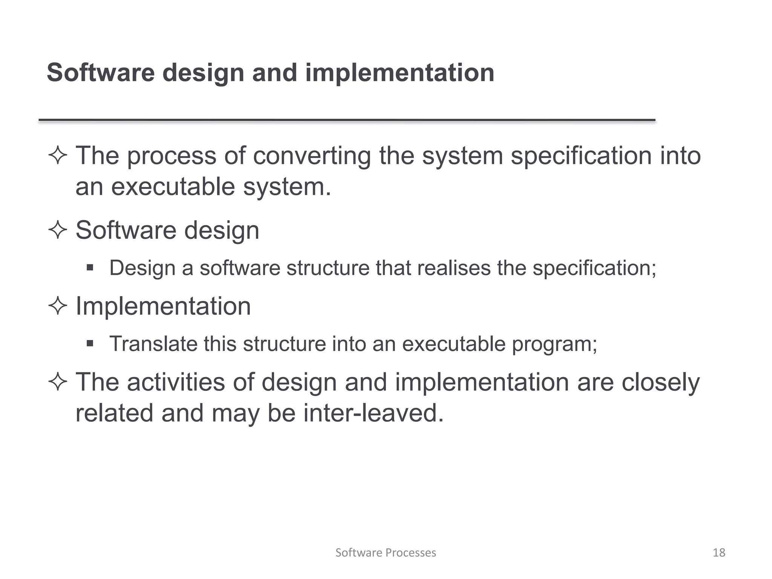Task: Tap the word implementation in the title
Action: tap(400, 73)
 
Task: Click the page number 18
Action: tap(719, 553)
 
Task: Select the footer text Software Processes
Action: tap(386, 553)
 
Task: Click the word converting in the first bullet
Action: tap(312, 156)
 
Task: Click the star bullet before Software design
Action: tap(58, 230)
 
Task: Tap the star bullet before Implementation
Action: tap(58, 306)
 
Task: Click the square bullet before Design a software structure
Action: tap(90, 268)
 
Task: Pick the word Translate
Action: tap(153, 344)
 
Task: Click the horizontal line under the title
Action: tap(347, 120)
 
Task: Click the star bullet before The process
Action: tap(58, 155)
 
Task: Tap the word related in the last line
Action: tap(114, 413)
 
